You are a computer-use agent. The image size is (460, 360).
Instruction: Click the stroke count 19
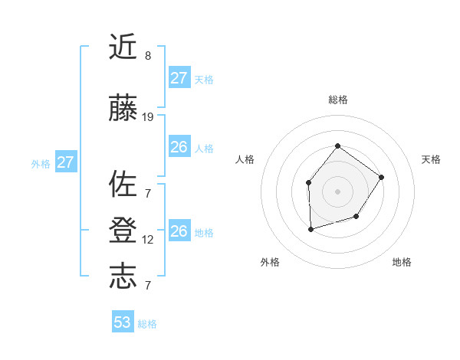click(148, 117)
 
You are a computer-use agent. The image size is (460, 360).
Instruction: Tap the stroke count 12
click(148, 240)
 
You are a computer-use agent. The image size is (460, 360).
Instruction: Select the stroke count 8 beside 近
click(148, 56)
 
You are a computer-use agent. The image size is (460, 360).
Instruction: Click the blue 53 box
click(123, 322)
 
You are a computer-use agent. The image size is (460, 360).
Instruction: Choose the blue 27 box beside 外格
click(65, 162)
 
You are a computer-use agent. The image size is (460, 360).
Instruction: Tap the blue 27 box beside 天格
click(179, 78)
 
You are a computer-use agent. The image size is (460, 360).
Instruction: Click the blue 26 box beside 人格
click(179, 147)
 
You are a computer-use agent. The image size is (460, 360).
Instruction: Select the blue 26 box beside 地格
click(179, 231)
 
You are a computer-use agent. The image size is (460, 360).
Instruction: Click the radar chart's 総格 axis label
click(338, 100)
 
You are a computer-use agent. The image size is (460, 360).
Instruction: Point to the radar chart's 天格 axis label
click(432, 159)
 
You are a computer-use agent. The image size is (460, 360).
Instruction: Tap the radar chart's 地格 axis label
click(402, 263)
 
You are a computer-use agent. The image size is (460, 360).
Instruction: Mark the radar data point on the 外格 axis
click(310, 229)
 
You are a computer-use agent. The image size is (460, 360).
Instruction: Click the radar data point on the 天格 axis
click(382, 177)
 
